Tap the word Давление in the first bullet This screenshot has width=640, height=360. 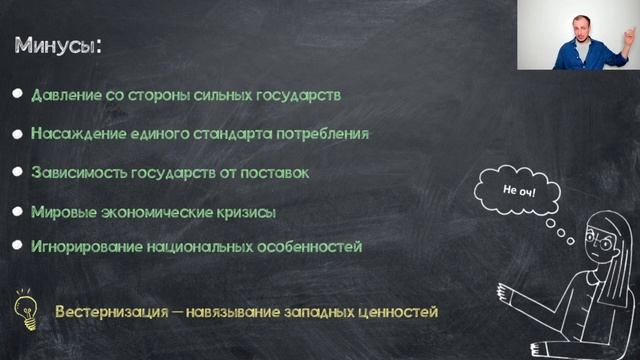pyautogui.click(x=65, y=96)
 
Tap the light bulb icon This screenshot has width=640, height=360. pyautogui.click(x=23, y=310)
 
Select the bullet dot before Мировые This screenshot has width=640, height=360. pyautogui.click(x=18, y=211)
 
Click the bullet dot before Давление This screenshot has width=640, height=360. pyautogui.click(x=18, y=95)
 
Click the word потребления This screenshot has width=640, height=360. pyautogui.click(x=328, y=133)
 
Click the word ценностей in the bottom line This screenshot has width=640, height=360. pyautogui.click(x=398, y=312)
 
